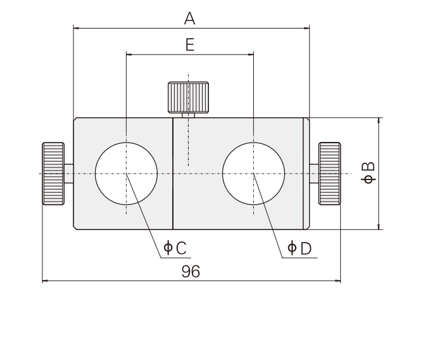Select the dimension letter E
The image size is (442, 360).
click(189, 44)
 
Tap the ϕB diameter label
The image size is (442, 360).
click(367, 173)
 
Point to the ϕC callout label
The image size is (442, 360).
click(175, 248)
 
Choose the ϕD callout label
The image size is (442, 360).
click(300, 248)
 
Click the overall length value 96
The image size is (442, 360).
click(190, 271)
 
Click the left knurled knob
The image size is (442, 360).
click(53, 173)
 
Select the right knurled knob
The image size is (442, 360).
click(329, 173)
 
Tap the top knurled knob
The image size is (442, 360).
click(188, 97)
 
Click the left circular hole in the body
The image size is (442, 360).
click(126, 173)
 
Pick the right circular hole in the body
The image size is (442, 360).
click(253, 173)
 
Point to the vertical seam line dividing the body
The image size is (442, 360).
click(173, 173)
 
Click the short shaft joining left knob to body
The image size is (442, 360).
click(68, 173)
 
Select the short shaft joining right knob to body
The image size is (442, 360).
click(314, 173)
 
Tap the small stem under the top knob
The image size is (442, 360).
click(188, 115)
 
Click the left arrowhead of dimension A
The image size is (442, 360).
click(77, 27)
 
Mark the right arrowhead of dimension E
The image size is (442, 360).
click(250, 55)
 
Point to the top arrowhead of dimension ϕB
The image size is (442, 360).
click(379, 120)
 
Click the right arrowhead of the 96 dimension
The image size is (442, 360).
click(338, 281)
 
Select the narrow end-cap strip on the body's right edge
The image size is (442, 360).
click(306, 173)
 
